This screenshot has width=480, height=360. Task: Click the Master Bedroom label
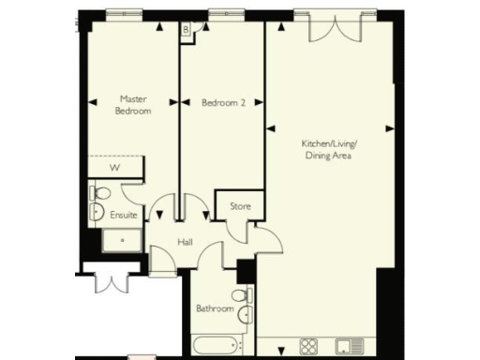click(132, 104)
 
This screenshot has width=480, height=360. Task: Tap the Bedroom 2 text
click(223, 103)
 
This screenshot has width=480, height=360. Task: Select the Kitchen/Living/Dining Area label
click(330, 149)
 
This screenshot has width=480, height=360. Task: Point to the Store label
click(240, 204)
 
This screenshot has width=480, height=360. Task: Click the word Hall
click(186, 242)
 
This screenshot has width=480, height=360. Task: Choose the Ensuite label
click(124, 215)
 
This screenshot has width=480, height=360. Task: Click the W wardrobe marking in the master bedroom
click(115, 168)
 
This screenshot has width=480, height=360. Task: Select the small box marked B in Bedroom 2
click(187, 30)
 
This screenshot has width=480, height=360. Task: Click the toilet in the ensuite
click(100, 194)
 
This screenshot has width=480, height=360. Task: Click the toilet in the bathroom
click(240, 296)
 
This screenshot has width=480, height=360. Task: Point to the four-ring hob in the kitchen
click(310, 346)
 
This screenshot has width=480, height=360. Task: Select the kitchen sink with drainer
click(350, 346)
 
